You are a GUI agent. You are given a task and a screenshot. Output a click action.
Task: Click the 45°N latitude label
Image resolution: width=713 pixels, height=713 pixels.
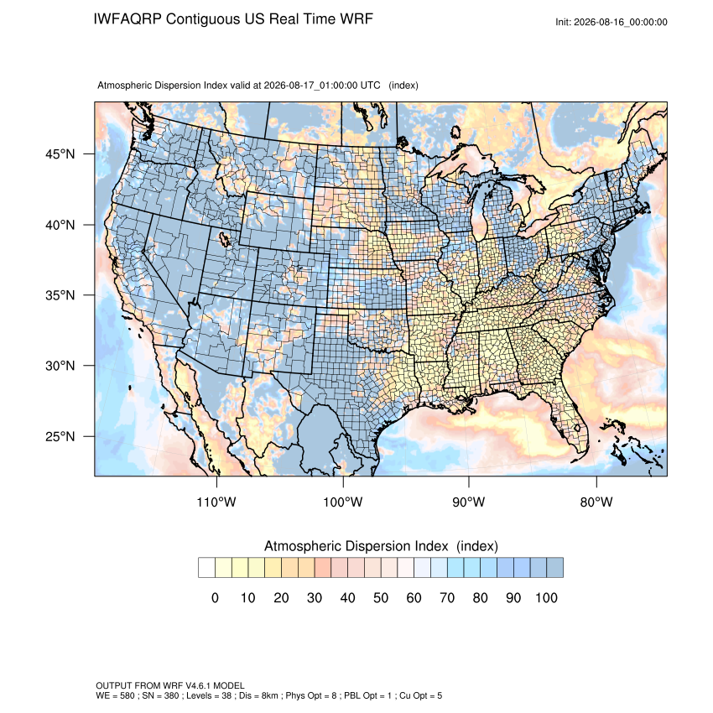(x=60, y=154)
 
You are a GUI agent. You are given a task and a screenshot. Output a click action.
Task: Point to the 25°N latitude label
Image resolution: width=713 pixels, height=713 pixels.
(x=60, y=436)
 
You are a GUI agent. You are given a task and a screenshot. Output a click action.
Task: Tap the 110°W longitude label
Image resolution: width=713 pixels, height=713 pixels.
(x=216, y=502)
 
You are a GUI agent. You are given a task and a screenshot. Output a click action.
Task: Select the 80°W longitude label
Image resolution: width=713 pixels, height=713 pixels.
(x=596, y=502)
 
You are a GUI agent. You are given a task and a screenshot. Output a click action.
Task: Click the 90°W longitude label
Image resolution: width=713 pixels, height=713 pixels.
(x=468, y=502)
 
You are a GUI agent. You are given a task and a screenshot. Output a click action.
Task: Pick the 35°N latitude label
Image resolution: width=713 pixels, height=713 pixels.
(x=60, y=295)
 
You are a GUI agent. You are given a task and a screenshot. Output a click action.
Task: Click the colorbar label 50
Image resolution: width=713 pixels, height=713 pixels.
(x=381, y=597)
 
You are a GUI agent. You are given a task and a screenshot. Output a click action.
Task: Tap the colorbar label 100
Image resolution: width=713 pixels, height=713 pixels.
(x=546, y=597)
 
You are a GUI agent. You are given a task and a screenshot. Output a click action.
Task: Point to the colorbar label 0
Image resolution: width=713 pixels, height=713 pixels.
(x=215, y=597)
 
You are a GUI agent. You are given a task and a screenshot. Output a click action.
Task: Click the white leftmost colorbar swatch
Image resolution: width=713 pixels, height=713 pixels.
(x=206, y=568)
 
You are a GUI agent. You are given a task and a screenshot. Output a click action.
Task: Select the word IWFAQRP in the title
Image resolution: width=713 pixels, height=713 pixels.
(x=128, y=19)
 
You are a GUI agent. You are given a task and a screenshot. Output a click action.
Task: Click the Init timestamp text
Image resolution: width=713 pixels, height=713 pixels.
(x=612, y=22)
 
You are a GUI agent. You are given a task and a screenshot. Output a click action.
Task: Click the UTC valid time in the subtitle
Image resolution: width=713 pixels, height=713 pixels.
(x=322, y=86)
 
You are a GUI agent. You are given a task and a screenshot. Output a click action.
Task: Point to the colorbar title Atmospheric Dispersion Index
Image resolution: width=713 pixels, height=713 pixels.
(x=356, y=546)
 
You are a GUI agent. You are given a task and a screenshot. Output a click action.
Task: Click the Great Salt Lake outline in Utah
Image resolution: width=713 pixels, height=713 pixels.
(x=225, y=239)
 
